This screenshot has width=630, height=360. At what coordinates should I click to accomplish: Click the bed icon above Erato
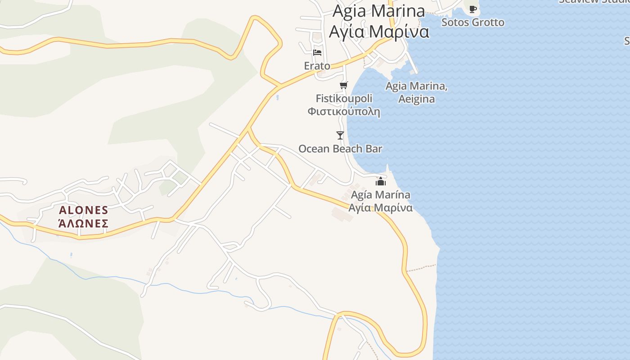[x=317, y=52]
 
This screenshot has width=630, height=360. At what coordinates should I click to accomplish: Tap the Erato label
[x=317, y=66]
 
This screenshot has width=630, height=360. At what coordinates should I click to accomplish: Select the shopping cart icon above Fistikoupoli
[x=344, y=85]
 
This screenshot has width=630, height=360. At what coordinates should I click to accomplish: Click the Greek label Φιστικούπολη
[x=344, y=111]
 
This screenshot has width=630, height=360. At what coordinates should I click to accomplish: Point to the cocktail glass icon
[x=340, y=135]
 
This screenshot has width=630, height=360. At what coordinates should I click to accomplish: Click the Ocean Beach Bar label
[x=340, y=148]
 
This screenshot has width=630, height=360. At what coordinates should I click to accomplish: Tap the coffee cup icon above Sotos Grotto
[x=473, y=9]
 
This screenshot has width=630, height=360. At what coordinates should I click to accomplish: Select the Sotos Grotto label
[x=473, y=22]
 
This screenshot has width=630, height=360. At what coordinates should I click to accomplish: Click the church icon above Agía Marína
[x=381, y=181]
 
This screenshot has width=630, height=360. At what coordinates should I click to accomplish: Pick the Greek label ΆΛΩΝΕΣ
[x=84, y=223]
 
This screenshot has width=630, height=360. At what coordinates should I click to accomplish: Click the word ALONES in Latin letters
[x=84, y=210]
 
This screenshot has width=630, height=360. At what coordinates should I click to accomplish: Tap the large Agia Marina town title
[x=378, y=11]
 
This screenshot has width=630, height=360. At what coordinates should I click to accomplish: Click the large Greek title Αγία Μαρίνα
[x=378, y=32]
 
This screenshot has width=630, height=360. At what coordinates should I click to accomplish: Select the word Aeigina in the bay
[x=417, y=99]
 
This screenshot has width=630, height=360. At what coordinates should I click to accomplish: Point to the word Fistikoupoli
[x=344, y=98]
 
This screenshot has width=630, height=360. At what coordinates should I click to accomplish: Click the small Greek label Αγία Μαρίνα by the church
[x=381, y=208]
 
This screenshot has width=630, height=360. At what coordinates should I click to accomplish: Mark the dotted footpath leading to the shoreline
[x=421, y=268]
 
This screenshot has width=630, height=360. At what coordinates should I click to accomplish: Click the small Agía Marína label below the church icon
[x=381, y=195]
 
